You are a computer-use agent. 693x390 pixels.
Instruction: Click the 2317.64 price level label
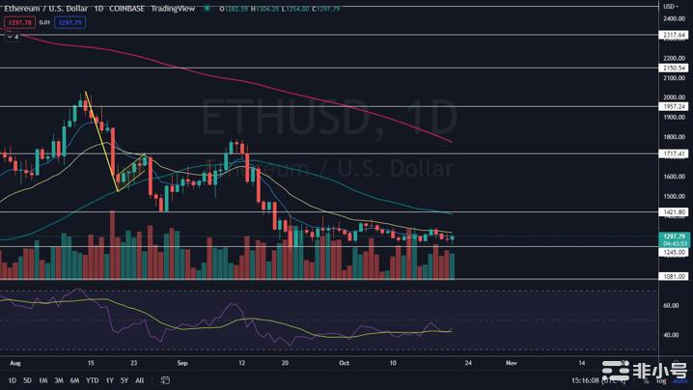click(674, 35)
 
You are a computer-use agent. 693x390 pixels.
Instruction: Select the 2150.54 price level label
click(674, 69)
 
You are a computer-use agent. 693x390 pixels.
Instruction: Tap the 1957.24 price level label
click(674, 106)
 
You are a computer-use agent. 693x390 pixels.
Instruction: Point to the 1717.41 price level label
click(674, 153)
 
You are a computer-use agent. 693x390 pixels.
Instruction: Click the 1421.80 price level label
click(674, 211)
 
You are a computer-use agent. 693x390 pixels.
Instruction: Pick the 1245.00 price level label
click(674, 252)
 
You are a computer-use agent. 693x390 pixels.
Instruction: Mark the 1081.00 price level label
click(674, 277)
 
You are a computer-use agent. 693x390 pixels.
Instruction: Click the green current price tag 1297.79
click(674, 236)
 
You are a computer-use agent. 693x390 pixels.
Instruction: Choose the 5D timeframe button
click(27, 380)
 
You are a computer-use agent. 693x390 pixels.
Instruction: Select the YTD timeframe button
click(92, 380)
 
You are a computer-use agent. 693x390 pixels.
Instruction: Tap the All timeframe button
click(140, 380)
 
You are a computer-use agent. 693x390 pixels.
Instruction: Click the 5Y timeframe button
click(124, 380)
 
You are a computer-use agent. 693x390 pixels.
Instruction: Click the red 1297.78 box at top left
click(18, 22)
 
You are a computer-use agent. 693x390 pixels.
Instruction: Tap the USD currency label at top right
click(668, 6)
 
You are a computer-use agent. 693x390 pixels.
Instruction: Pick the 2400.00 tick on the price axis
click(674, 18)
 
